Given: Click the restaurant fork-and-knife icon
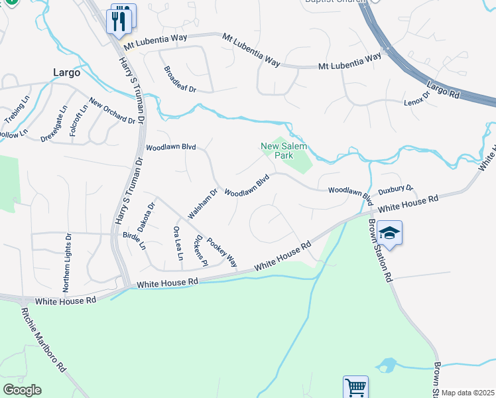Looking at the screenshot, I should click(x=119, y=20).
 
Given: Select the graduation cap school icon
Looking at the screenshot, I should click(x=391, y=233).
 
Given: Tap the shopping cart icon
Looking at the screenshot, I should click(x=355, y=387).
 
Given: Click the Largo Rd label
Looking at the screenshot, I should click(x=444, y=89).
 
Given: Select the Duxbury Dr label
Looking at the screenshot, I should click(x=396, y=190).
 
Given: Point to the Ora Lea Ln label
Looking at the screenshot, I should click(x=177, y=243).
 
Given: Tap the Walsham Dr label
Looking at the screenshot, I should click(x=203, y=204).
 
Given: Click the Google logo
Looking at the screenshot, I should click(x=22, y=390).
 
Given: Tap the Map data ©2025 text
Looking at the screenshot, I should click(x=467, y=393).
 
